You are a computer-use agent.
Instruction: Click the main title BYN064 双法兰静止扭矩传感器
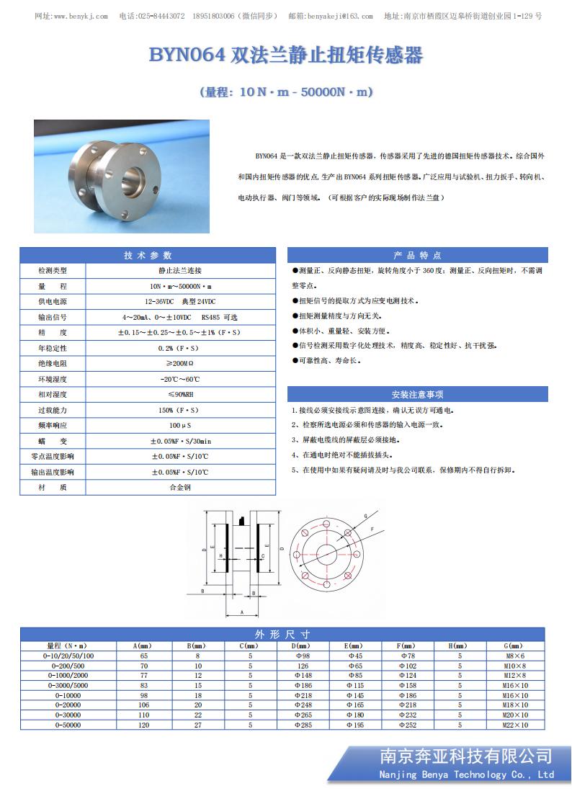tap(286, 55)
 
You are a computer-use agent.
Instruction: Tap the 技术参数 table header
tap(148, 256)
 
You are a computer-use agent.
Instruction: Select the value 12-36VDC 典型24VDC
tap(179, 301)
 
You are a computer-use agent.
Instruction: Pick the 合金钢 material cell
tap(179, 488)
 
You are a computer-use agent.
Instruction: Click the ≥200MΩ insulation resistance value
tap(179, 364)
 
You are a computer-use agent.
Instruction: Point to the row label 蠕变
tap(53, 441)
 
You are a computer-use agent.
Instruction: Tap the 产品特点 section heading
tap(417, 256)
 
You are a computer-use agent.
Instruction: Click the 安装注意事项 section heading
tap(417, 394)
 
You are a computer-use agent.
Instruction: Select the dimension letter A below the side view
tap(242, 612)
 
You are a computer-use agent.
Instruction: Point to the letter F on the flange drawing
tap(372, 529)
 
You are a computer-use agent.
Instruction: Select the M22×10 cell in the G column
tap(515, 725)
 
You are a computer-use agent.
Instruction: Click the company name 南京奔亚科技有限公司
tap(465, 756)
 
